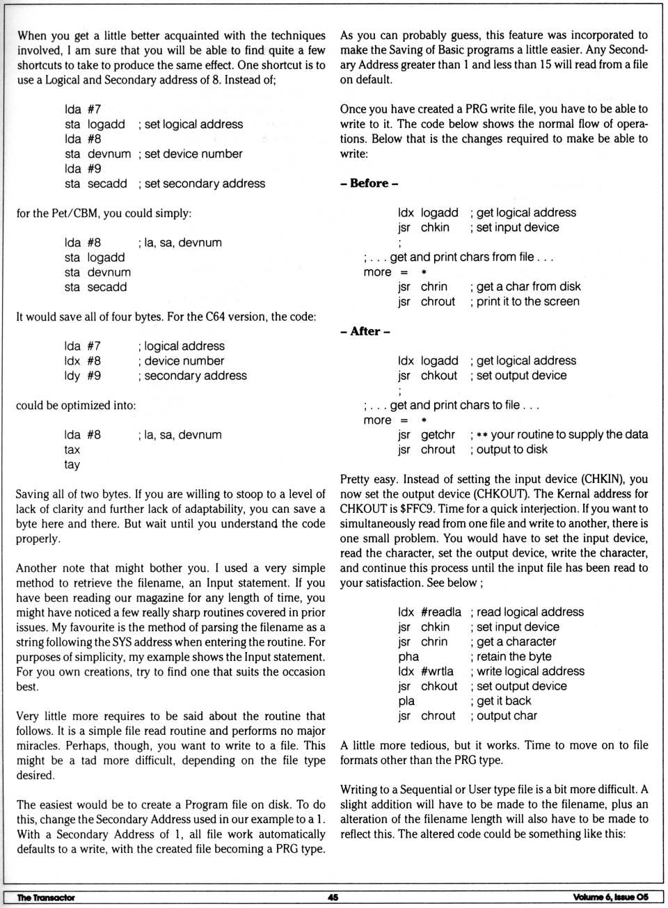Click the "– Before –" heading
[369, 184]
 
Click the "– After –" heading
[365, 331]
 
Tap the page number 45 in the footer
[333, 898]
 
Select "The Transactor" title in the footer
[45, 898]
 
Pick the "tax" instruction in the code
[72, 449]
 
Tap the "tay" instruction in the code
[72, 464]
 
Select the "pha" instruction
[408, 656]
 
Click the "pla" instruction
[406, 701]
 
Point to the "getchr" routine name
[438, 435]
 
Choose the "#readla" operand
[441, 612]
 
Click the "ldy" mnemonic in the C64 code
[72, 376]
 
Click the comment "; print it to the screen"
[525, 302]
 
